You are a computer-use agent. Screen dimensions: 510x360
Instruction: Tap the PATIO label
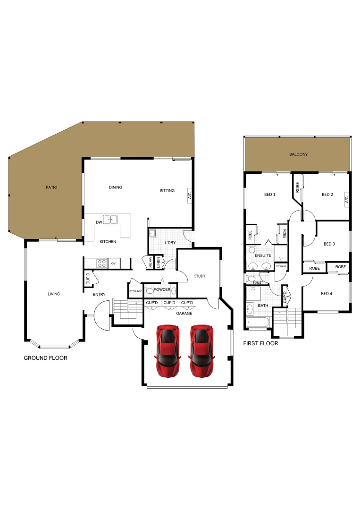tap(51, 187)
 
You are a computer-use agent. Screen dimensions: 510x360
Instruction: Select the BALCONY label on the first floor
tap(298, 154)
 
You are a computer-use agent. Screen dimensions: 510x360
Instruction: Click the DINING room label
tap(116, 187)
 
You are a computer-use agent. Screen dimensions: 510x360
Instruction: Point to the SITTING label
tap(167, 191)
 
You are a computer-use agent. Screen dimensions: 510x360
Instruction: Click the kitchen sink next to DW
tap(111, 220)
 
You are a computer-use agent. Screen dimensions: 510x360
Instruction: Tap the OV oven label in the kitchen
tap(114, 263)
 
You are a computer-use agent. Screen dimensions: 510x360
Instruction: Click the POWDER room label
tap(162, 289)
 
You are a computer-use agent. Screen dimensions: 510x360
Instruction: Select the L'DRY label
tap(170, 243)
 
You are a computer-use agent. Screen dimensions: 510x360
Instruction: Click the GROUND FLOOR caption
tap(45, 358)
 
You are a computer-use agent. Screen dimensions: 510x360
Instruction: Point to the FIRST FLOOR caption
tap(260, 344)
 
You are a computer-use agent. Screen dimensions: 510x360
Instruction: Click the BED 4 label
tap(327, 294)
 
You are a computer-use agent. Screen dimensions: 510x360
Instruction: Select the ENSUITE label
tap(263, 255)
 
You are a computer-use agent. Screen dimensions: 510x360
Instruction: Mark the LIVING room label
tap(54, 294)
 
